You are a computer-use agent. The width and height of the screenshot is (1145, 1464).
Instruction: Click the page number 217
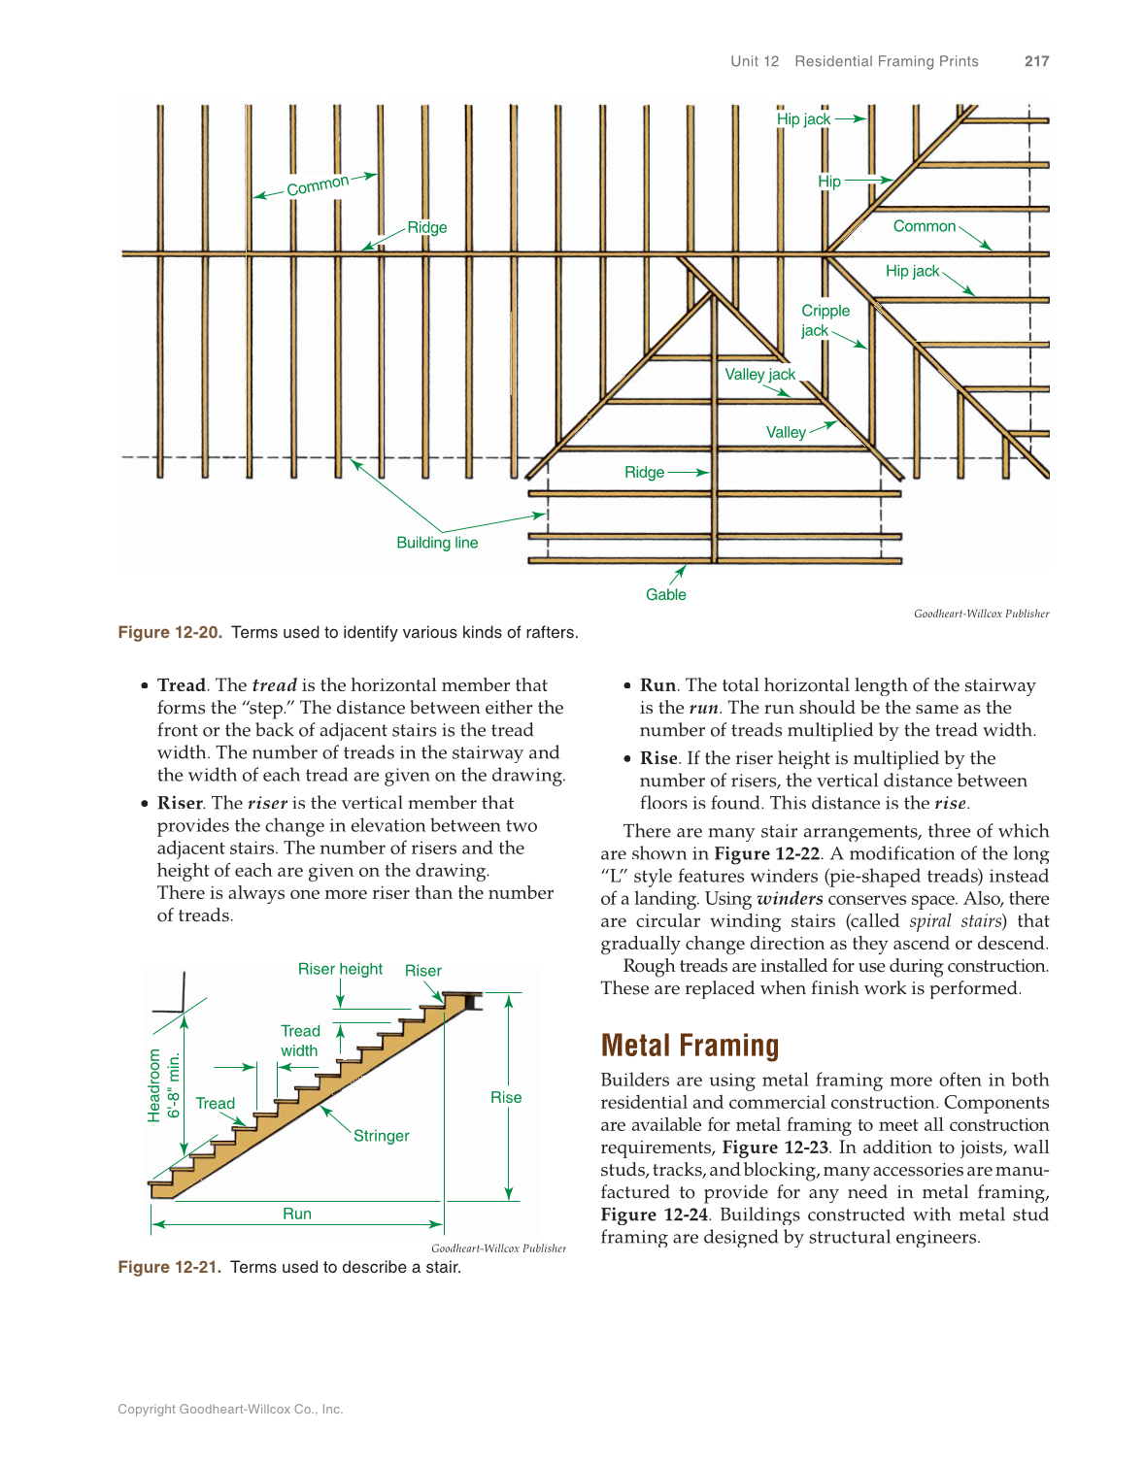tap(1036, 61)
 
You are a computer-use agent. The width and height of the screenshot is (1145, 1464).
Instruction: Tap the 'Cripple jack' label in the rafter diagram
tap(824, 320)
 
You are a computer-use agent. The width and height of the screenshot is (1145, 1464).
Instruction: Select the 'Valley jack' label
tap(759, 375)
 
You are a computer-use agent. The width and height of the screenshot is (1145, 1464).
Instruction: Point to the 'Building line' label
tap(437, 543)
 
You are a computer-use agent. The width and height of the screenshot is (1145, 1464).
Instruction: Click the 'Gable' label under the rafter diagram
tap(665, 594)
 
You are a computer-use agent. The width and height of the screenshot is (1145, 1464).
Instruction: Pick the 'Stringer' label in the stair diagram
tap(381, 1136)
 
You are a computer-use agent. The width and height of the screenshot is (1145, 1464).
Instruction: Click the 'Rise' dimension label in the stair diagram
tap(506, 1097)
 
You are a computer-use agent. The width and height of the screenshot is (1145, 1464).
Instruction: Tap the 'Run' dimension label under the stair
tap(297, 1214)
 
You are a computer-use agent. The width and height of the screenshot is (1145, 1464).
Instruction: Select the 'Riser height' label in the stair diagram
tap(340, 969)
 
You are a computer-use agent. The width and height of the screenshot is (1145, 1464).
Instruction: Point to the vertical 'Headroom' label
tap(154, 1085)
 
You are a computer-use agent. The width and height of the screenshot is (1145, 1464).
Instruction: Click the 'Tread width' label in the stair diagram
tap(300, 1041)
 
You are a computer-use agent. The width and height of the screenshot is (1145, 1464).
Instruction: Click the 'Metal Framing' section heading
tap(690, 1046)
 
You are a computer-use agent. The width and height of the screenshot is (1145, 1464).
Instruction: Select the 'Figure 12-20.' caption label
tap(170, 632)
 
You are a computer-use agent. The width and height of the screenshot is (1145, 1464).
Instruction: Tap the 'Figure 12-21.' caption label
tap(170, 1267)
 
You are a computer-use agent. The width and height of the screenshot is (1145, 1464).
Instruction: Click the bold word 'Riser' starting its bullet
tap(180, 803)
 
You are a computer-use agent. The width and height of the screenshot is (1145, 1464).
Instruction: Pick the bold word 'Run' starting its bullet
tap(657, 685)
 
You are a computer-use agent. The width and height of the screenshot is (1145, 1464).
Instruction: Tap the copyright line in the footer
tap(230, 1409)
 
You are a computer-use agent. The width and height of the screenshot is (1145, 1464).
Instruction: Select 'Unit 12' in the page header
tap(755, 61)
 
